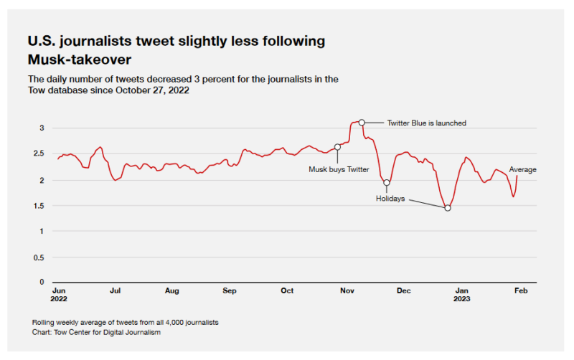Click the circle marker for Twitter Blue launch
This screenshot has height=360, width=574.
pyautogui.click(x=362, y=123)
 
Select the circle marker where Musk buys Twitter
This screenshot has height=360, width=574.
pyautogui.click(x=337, y=147)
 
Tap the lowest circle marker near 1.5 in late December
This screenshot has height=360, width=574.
pyautogui.click(x=448, y=208)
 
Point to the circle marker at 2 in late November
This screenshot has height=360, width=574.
pyautogui.click(x=387, y=182)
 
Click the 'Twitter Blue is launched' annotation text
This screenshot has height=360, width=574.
pyautogui.click(x=426, y=123)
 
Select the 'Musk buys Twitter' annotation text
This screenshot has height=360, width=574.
pyautogui.click(x=339, y=170)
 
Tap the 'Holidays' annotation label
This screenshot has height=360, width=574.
pyautogui.click(x=391, y=198)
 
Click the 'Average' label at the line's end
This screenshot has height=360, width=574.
pyautogui.click(x=522, y=170)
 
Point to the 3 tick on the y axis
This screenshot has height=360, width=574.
pyautogui.click(x=42, y=128)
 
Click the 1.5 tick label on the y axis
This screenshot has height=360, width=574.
pyautogui.click(x=39, y=206)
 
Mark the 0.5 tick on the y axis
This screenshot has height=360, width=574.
pyautogui.click(x=39, y=257)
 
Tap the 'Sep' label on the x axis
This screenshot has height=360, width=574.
pyautogui.click(x=229, y=291)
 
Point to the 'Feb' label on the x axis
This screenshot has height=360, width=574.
pyautogui.click(x=522, y=291)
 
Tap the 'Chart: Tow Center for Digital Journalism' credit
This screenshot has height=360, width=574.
pyautogui.click(x=97, y=332)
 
